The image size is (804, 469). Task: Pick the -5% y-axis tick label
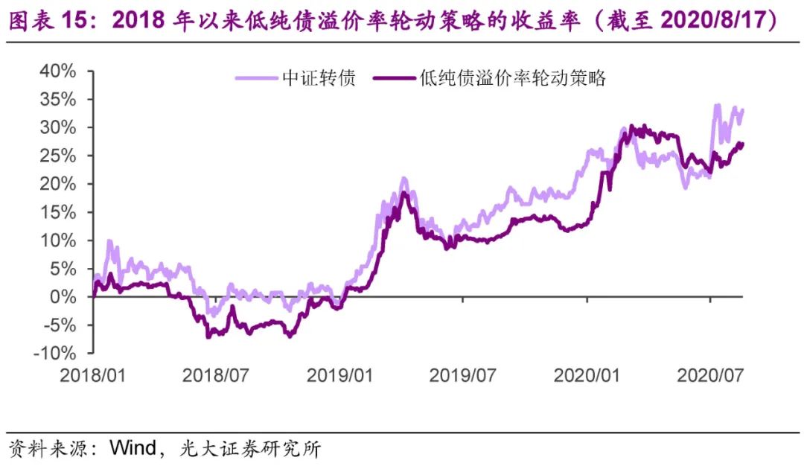coord(59,325)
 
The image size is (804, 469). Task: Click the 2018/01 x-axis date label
coord(94,374)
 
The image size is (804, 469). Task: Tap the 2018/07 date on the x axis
coord(215,374)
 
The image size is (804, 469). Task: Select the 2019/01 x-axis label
coord(340,374)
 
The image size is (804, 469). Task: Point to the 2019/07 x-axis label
coord(462,374)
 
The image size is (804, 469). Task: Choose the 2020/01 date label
coord(587,374)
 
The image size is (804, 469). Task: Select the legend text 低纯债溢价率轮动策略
coord(513,77)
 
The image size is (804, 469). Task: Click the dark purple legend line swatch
coord(393,77)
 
